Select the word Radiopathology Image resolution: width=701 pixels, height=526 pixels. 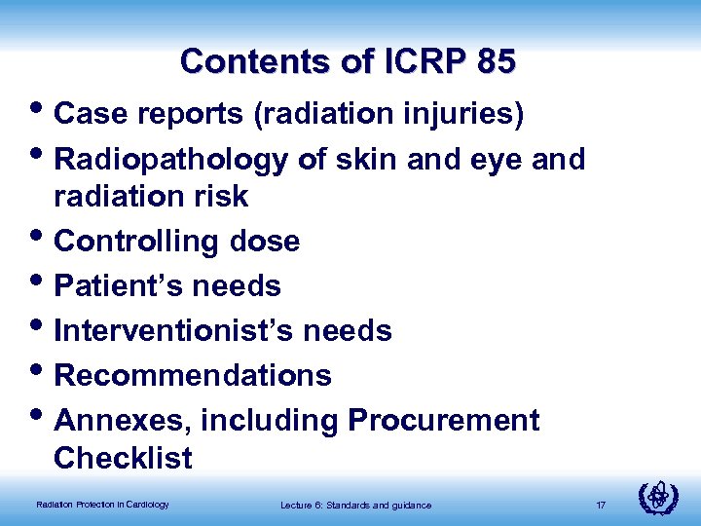click(171, 160)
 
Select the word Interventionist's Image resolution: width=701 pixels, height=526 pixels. click(173, 331)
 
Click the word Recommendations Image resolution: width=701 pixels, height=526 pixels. click(193, 376)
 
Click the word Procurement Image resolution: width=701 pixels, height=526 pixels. click(443, 421)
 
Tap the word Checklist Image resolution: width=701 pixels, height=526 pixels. click(123, 458)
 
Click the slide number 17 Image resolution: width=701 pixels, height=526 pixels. click(601, 505)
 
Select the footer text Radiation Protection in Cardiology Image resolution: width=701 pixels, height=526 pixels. click(102, 505)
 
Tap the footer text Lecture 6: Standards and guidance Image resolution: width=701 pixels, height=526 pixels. click(355, 505)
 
